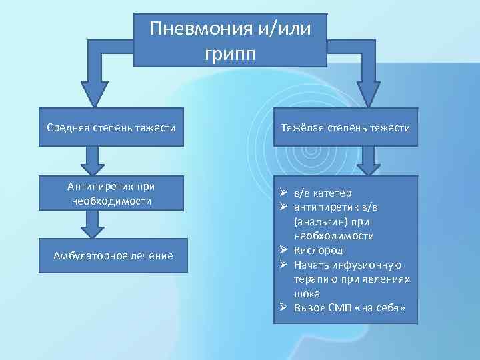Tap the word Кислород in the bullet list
[319, 250]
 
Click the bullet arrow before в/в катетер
[283, 193]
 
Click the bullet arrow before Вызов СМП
[283, 307]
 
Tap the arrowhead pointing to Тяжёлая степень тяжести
[369, 93]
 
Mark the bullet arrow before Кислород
[283, 250]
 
